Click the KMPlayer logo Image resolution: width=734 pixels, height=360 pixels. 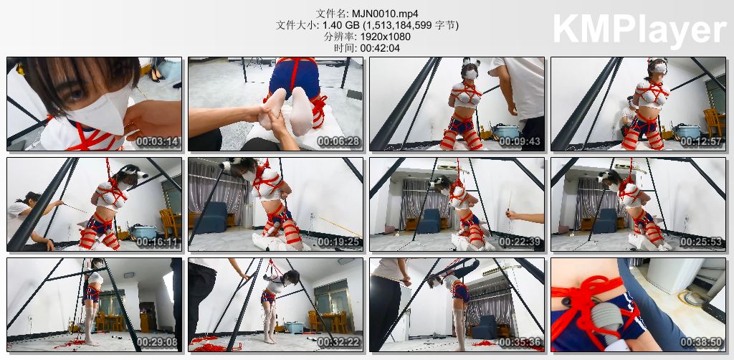pyautogui.click(x=639, y=29)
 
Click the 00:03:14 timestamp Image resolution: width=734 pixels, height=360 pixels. pyautogui.click(x=157, y=141)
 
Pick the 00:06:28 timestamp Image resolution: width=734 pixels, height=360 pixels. pyautogui.click(x=338, y=141)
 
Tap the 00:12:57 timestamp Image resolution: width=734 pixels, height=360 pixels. pyautogui.click(x=701, y=141)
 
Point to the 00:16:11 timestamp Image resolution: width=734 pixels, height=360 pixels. pyautogui.click(x=157, y=242)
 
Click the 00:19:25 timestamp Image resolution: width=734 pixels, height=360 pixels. pyautogui.click(x=338, y=242)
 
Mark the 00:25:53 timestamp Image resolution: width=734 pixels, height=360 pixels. pyautogui.click(x=701, y=242)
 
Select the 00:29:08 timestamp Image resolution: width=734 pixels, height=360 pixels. pyautogui.click(x=157, y=342)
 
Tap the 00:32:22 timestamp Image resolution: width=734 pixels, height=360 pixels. pyautogui.click(x=338, y=342)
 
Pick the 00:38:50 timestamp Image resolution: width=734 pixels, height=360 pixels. pyautogui.click(x=701, y=342)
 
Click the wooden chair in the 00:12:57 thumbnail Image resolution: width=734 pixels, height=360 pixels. pyautogui.click(x=714, y=122)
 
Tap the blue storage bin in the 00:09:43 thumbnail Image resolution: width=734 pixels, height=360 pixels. pyautogui.click(x=506, y=131)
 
